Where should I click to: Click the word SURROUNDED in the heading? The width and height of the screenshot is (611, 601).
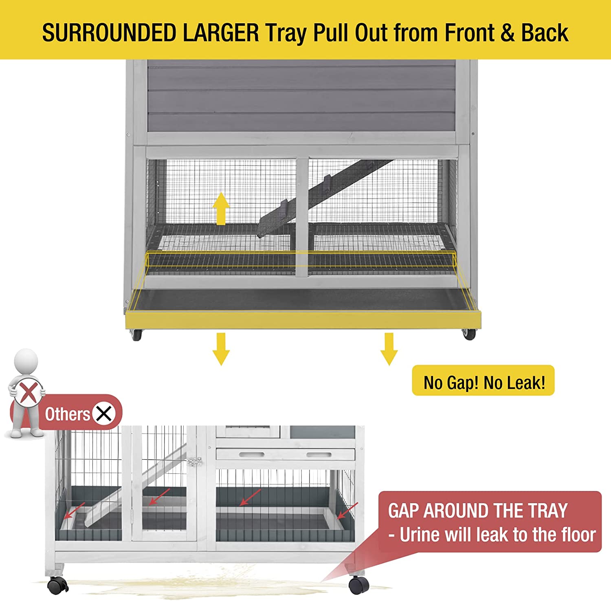click(x=109, y=33)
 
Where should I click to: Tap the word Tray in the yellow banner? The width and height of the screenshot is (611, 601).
click(x=286, y=33)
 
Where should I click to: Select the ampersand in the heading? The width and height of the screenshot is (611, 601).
click(x=508, y=33)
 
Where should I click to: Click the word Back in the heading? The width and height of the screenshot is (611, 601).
click(x=544, y=33)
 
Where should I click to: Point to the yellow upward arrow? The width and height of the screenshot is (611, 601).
click(x=221, y=208)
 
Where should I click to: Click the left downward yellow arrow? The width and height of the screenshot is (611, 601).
click(x=221, y=348)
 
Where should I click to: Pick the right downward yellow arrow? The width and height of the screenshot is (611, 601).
click(x=389, y=348)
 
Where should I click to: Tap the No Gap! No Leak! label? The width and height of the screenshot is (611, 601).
click(x=484, y=382)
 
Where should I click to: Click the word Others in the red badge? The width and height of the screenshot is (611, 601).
click(x=67, y=414)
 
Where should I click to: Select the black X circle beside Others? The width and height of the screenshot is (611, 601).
click(x=104, y=414)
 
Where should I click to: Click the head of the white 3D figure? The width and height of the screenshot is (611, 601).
click(x=26, y=361)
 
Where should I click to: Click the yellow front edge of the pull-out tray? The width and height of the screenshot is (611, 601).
click(x=303, y=320)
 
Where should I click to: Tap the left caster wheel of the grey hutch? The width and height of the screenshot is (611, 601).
click(x=136, y=335)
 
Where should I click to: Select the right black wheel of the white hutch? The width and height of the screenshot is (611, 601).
click(x=359, y=585)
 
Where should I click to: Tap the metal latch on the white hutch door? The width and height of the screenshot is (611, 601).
click(x=195, y=462)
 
